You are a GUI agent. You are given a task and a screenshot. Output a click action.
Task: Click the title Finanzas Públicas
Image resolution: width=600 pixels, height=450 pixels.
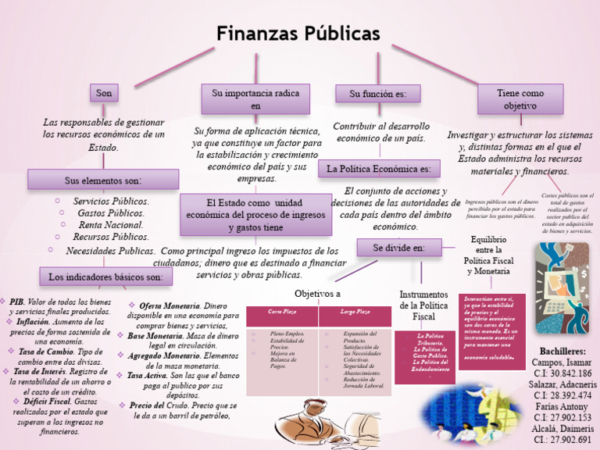(x=298, y=34)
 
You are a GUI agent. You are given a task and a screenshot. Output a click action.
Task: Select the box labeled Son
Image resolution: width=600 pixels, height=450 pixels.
(x=104, y=94)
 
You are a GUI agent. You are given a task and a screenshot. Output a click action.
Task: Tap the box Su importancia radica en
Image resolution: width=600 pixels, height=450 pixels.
(x=255, y=99)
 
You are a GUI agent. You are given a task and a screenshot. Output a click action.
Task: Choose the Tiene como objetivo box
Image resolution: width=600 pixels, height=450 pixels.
(x=520, y=99)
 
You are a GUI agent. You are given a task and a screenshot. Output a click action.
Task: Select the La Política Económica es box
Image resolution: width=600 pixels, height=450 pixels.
(x=379, y=169)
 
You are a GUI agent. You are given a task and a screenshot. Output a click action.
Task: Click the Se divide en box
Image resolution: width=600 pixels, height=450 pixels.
(x=398, y=248)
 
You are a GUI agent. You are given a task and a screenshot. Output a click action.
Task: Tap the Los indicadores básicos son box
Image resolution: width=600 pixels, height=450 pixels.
(x=105, y=277)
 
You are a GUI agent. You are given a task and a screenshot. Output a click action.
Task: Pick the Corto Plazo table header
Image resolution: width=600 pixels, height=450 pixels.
(x=281, y=312)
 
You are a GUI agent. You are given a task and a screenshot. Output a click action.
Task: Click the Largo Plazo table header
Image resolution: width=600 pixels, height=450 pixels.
(x=355, y=312)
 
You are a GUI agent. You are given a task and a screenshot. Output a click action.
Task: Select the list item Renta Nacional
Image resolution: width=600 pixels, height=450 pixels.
(x=111, y=225)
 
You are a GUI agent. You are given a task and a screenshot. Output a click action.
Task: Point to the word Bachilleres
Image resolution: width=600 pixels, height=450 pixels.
(x=562, y=352)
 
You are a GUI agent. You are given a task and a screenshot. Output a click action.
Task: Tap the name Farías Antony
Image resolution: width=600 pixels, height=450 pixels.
(x=562, y=406)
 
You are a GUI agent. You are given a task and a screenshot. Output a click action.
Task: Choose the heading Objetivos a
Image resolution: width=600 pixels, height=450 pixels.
(x=317, y=293)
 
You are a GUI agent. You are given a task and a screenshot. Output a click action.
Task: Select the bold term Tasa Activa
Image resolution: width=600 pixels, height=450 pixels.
(x=147, y=376)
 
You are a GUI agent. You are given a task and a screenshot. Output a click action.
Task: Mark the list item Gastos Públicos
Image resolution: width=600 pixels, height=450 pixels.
(x=111, y=213)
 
